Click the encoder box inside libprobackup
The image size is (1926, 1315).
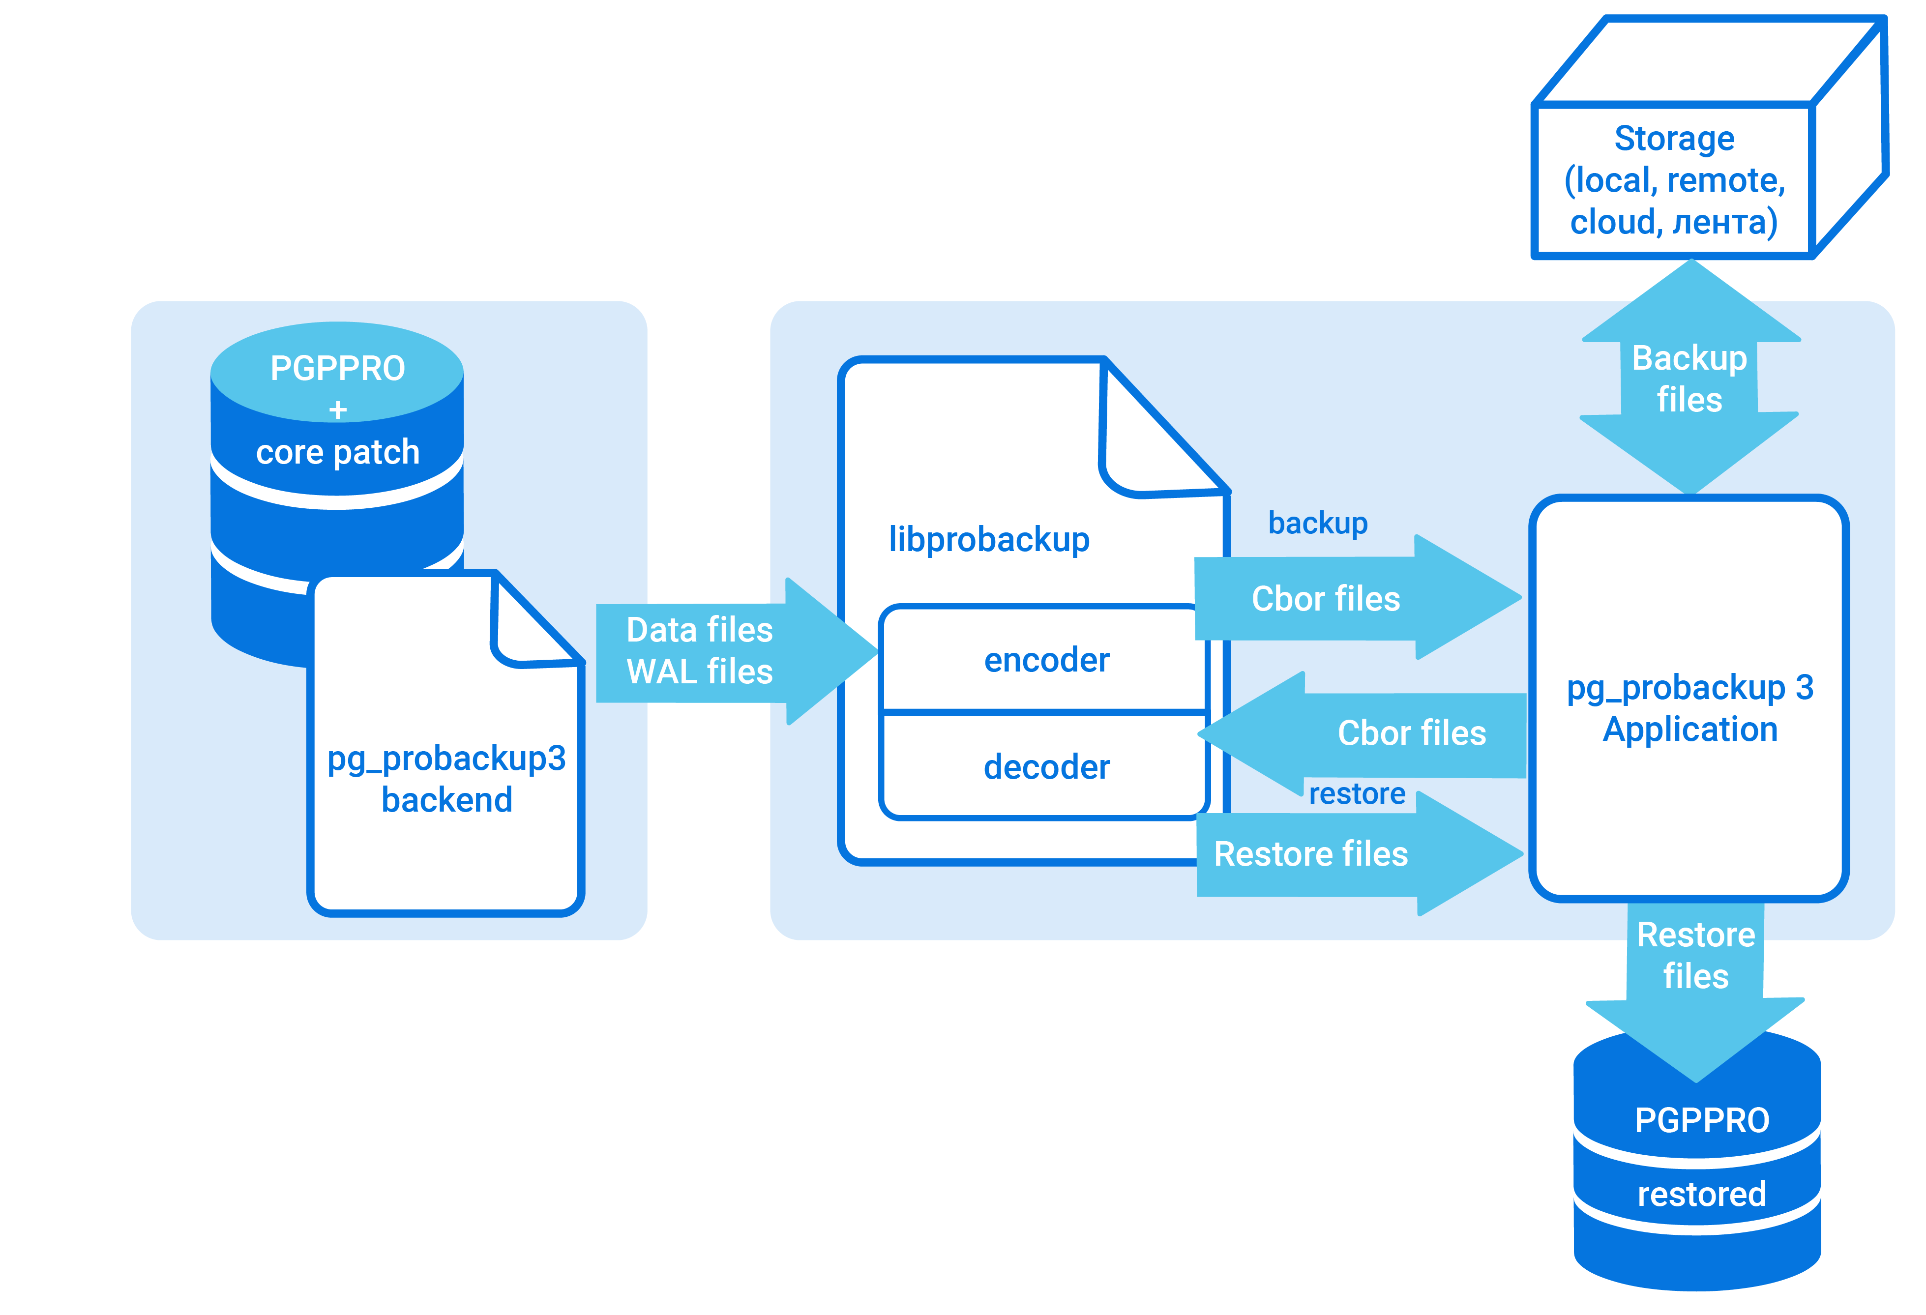tap(1046, 660)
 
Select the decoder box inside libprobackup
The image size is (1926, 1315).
tap(1046, 766)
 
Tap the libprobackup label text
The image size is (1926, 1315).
tap(989, 539)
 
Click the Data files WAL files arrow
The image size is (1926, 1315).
tap(712, 651)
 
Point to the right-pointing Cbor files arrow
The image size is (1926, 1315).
tap(1342, 598)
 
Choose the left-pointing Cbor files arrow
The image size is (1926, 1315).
tap(1393, 733)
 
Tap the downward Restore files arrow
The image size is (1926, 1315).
tap(1695, 978)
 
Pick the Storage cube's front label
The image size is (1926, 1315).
tap(1674, 180)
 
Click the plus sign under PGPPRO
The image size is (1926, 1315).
tap(337, 409)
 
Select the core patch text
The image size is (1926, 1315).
tap(337, 452)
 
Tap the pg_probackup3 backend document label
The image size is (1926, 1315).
tap(446, 779)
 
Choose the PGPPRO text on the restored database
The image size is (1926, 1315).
tap(1701, 1120)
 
